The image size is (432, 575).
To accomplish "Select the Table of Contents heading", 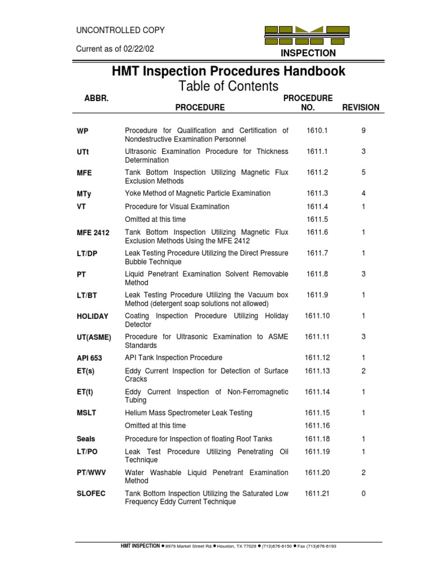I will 228,86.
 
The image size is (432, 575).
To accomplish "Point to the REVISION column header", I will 361,107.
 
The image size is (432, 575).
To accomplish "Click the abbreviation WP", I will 83,131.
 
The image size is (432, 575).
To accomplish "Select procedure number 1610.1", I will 317,131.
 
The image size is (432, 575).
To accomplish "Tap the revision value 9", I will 363,131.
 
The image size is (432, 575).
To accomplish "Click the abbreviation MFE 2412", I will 93,232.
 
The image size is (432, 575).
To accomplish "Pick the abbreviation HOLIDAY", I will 92,317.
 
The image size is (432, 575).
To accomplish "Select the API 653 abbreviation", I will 89,358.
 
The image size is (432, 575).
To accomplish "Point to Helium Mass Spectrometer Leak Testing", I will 188,413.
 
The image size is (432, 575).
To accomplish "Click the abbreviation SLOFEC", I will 91,494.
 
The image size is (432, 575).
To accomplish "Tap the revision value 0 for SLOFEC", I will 363,494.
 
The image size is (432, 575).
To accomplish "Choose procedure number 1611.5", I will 317,220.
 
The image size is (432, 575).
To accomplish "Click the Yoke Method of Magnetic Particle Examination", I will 197,193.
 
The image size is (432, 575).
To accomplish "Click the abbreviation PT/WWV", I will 91,473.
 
